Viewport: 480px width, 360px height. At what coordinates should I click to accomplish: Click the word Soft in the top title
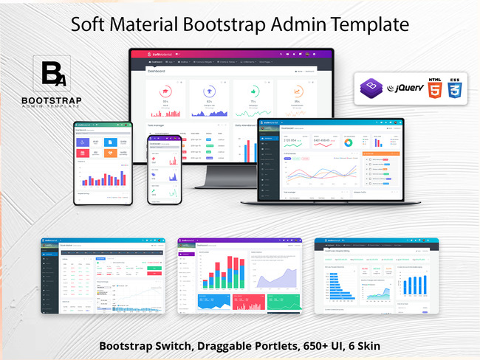point(90,24)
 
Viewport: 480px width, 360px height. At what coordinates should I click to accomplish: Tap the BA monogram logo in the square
point(52,74)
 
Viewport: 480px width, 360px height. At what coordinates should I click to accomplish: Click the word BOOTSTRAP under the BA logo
point(52,100)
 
